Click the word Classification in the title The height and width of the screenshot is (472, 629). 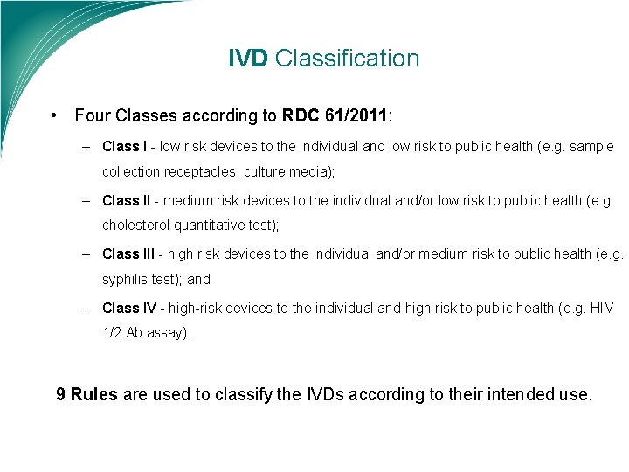click(x=347, y=59)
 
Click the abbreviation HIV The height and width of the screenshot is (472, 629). click(x=602, y=307)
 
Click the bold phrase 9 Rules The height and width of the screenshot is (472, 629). click(x=86, y=394)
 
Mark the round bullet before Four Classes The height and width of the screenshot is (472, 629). click(x=54, y=115)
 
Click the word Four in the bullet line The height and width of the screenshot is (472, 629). click(x=92, y=115)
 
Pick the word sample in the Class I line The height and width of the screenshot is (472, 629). click(x=592, y=147)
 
